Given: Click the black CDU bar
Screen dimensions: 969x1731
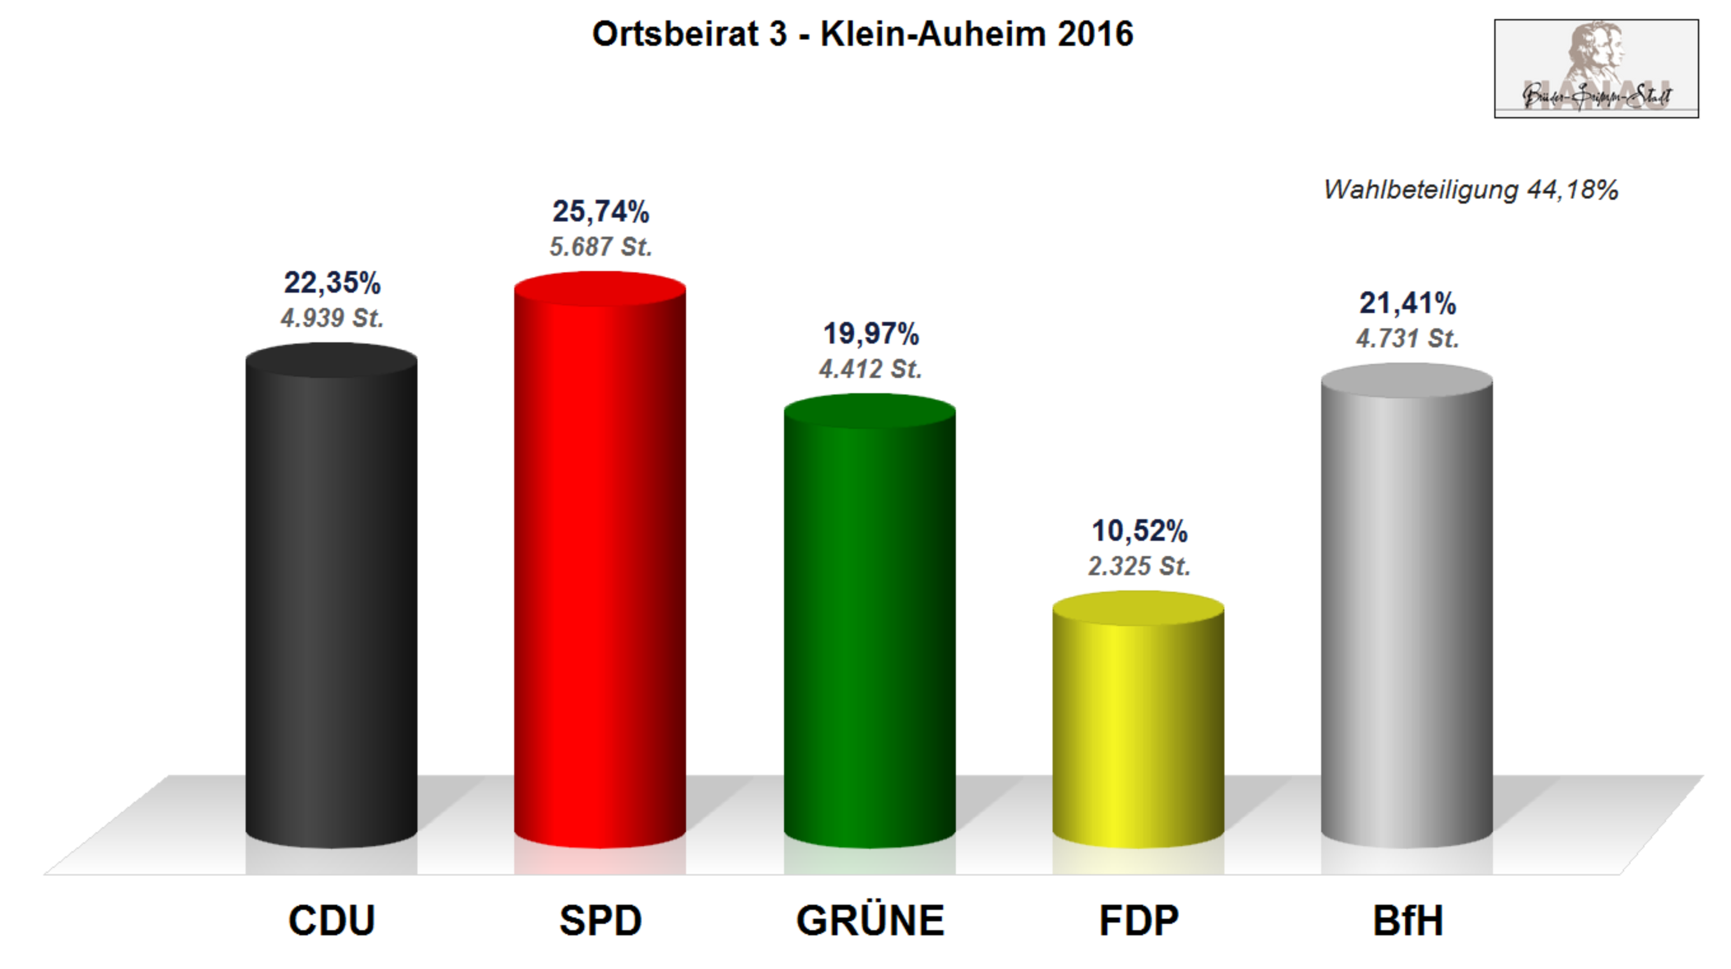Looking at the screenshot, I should [332, 598].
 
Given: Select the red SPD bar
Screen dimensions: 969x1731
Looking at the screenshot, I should [600, 564].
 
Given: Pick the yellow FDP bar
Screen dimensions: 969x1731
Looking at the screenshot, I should [1138, 722].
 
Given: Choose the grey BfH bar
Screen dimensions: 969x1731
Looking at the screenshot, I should [1406, 608].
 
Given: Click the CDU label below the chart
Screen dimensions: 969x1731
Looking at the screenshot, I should [332, 920].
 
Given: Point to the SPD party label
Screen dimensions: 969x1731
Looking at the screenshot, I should [600, 920].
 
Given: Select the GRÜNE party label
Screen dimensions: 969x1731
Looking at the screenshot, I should [870, 920].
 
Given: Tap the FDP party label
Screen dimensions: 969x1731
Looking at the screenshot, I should [1139, 920].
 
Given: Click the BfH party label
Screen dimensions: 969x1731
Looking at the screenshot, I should [1408, 920].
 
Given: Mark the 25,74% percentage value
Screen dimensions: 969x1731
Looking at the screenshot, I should [601, 212].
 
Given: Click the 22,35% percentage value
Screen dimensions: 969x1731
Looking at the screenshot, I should [332, 283].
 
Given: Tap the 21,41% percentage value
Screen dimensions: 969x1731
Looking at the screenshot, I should [1408, 303].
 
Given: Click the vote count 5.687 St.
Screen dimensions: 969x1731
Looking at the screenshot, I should [601, 247].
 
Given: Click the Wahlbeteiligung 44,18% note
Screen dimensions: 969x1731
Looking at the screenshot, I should [1470, 190].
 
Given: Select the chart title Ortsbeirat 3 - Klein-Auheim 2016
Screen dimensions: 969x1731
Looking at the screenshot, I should [863, 34].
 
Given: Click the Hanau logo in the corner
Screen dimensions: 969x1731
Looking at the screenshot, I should [1596, 69].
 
